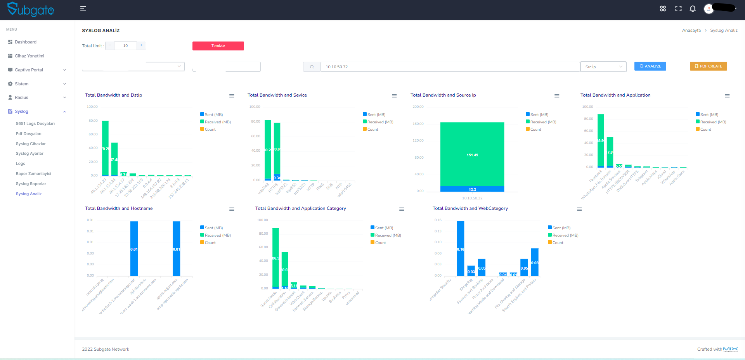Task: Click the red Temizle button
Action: coord(218,46)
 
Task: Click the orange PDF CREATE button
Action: coord(708,66)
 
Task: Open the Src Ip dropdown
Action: coord(603,67)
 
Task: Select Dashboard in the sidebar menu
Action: coord(26,42)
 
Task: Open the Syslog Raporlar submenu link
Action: coord(31,184)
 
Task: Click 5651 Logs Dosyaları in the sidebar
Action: coord(35,124)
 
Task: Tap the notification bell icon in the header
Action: coord(693,9)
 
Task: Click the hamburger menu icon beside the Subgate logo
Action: coord(83,9)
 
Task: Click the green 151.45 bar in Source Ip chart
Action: coord(472,154)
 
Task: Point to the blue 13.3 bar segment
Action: coord(472,189)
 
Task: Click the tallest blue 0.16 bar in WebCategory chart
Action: coord(461,248)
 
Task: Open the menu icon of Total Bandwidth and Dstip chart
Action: coord(232,96)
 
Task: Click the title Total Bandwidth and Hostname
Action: coord(119,208)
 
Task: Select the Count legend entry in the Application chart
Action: coord(705,130)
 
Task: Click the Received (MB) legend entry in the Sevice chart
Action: coord(380,122)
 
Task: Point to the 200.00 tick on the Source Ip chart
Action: coord(418,107)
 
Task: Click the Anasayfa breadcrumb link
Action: coord(691,30)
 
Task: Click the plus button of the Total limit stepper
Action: coord(141,46)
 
